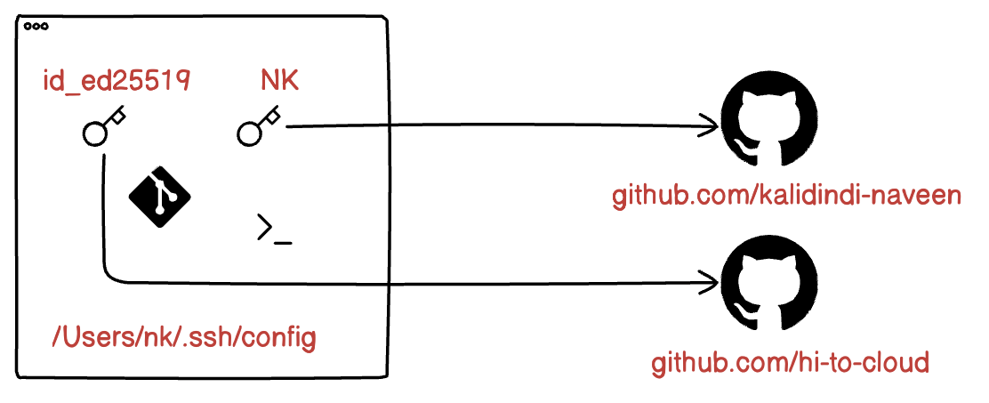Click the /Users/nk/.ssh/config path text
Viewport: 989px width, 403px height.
[184, 338]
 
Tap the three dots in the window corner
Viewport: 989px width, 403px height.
[36, 27]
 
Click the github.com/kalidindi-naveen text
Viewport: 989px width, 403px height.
[786, 195]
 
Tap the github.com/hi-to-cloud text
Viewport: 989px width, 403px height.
[790, 362]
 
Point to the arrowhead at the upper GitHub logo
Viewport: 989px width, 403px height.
[712, 127]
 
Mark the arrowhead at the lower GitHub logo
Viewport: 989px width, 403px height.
[712, 283]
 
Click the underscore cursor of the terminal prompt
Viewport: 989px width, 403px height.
[283, 240]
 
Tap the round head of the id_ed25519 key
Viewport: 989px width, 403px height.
[92, 134]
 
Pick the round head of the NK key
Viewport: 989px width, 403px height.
[246, 134]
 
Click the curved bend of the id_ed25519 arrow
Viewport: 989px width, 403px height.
[112, 275]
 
